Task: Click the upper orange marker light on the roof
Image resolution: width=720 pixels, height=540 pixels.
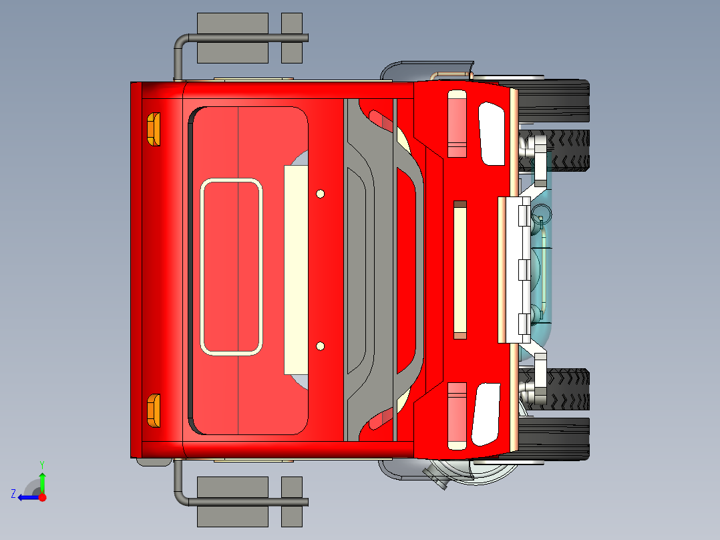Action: pyautogui.click(x=154, y=129)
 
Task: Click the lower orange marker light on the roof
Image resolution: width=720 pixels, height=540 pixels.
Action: pyautogui.click(x=154, y=410)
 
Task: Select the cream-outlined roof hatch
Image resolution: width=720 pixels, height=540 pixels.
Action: pyautogui.click(x=231, y=267)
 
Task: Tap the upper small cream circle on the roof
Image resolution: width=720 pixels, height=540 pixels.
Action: pyautogui.click(x=321, y=194)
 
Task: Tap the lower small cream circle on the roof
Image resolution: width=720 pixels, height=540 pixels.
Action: pyautogui.click(x=321, y=346)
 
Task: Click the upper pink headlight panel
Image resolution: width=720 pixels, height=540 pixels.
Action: pyautogui.click(x=457, y=124)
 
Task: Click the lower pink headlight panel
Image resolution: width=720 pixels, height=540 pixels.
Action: pyautogui.click(x=457, y=414)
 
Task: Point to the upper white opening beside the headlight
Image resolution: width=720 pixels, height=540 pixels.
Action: pyautogui.click(x=492, y=134)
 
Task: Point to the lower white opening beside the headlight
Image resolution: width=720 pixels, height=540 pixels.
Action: pyautogui.click(x=487, y=414)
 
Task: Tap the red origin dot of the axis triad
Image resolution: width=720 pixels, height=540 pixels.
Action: pyautogui.click(x=42, y=497)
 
